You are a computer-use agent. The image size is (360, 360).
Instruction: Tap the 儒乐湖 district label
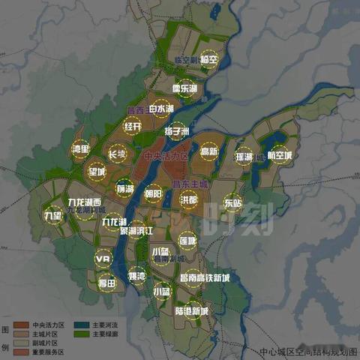(x=184, y=88)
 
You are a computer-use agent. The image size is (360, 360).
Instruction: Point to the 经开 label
(x=133, y=127)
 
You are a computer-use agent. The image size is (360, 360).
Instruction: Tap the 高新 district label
(x=208, y=151)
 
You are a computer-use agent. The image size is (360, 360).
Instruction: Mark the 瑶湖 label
(x=244, y=157)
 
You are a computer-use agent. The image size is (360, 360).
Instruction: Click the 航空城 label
(x=279, y=155)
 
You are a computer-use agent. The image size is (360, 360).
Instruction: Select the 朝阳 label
(x=153, y=193)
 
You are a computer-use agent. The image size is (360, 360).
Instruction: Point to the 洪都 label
(x=189, y=200)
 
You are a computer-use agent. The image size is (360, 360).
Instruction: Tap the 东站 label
(x=233, y=202)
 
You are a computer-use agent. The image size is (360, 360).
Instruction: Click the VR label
(x=103, y=259)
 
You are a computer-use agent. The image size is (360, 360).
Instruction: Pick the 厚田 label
(x=107, y=283)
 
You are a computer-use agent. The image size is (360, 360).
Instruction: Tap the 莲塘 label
(x=187, y=241)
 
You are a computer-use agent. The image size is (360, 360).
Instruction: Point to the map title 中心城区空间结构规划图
(x=308, y=351)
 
